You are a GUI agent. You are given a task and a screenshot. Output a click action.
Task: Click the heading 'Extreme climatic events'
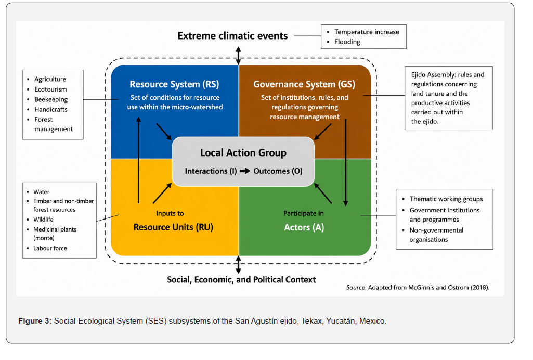point(232,36)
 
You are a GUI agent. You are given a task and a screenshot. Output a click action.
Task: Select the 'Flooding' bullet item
point(347,42)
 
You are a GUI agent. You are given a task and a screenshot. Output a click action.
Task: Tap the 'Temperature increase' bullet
point(367,32)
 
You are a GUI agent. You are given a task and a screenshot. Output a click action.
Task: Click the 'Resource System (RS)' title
point(174,84)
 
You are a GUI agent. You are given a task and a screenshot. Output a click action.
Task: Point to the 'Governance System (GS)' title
point(304,84)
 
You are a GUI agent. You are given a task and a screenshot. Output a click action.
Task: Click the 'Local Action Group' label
point(243,153)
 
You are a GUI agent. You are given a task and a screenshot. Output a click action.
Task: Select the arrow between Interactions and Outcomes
point(245,171)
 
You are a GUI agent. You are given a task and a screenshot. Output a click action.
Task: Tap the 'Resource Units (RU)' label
point(173,227)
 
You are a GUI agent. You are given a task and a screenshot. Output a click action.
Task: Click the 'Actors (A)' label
point(304,227)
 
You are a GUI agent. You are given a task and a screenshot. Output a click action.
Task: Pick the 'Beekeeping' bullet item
point(51,99)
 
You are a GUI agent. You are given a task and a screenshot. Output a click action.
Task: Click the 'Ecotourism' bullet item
point(50,89)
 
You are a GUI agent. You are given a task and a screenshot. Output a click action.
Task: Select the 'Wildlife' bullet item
point(43,219)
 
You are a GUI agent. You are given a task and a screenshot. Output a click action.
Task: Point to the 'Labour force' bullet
point(50,248)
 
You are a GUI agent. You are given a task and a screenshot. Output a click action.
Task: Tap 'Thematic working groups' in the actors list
point(446,199)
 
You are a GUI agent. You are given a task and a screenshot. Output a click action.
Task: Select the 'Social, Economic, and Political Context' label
point(241,280)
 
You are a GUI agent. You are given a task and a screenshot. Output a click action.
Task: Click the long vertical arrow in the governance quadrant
point(346,162)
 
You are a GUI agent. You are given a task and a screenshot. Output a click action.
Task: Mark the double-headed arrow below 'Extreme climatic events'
point(239,56)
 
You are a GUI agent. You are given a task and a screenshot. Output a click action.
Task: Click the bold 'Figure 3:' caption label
point(35,321)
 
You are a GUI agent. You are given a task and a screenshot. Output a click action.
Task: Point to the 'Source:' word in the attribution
point(356,288)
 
